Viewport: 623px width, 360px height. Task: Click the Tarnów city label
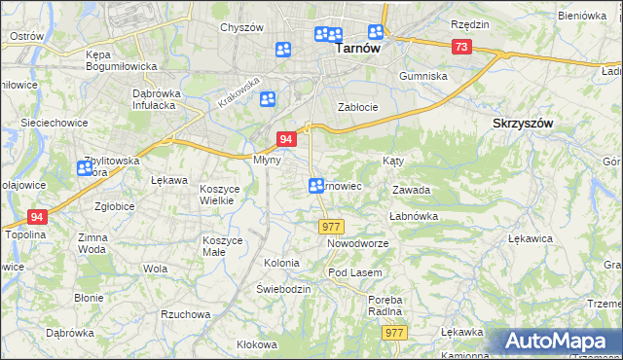click(x=356, y=46)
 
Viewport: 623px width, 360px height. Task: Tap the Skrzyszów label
click(x=523, y=124)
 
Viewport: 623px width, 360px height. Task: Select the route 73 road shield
click(x=461, y=47)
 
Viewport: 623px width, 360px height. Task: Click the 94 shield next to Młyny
click(x=286, y=140)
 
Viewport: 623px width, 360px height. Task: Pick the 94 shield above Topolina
click(x=37, y=217)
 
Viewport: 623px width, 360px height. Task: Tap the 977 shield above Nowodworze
click(x=330, y=226)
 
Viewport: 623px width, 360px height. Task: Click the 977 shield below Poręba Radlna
click(x=393, y=333)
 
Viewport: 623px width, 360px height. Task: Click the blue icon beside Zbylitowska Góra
click(x=85, y=168)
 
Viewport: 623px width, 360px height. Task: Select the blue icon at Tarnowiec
click(x=316, y=186)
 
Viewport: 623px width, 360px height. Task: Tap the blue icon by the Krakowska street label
click(x=268, y=98)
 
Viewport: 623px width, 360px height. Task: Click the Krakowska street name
click(x=239, y=92)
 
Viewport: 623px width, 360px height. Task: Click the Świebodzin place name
click(x=283, y=290)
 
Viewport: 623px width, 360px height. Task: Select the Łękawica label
click(x=531, y=237)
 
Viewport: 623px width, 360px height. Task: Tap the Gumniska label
click(x=423, y=76)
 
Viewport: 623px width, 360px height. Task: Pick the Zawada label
click(x=411, y=191)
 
